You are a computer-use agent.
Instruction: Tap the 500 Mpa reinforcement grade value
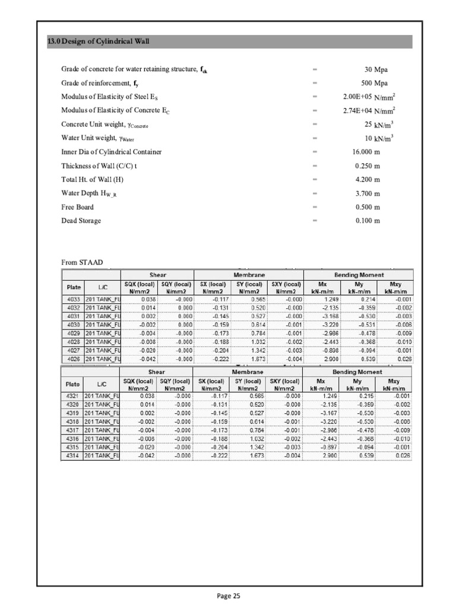(x=374, y=83)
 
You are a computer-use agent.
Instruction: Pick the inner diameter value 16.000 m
(x=366, y=152)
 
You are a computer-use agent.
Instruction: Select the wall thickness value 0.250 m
(x=368, y=166)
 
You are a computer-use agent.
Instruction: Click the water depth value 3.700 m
(x=368, y=193)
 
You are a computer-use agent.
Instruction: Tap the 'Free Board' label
(x=77, y=207)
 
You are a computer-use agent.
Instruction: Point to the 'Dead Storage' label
(x=81, y=221)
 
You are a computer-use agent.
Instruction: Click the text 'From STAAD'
(x=79, y=262)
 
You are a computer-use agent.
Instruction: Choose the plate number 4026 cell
(x=72, y=359)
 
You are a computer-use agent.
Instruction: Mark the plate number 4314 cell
(x=72, y=455)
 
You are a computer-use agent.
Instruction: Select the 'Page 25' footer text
(x=228, y=596)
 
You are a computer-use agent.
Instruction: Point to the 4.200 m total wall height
(x=368, y=179)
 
